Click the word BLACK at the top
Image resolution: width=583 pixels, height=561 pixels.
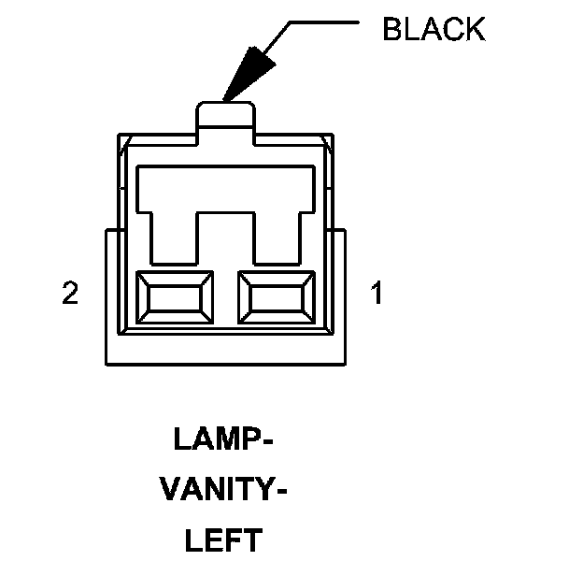[x=434, y=29]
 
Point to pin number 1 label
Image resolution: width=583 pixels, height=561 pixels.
[x=376, y=295]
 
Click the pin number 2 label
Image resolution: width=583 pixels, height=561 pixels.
[x=69, y=295]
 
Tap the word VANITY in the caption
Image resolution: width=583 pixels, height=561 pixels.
[x=217, y=489]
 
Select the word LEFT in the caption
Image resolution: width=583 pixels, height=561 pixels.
[x=223, y=539]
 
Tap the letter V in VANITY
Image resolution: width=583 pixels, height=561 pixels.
[x=169, y=489]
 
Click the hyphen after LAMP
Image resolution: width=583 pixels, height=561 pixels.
[x=268, y=440]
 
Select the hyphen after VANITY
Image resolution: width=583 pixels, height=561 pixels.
[x=278, y=491]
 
